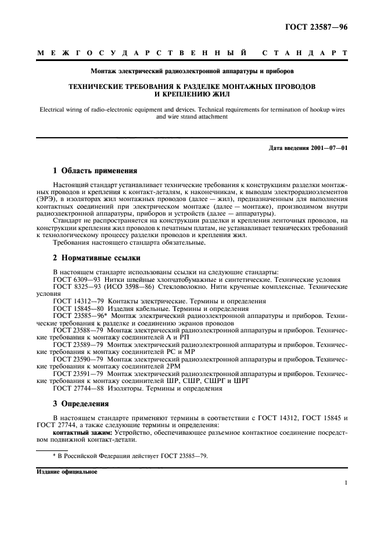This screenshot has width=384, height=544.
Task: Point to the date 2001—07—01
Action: click(330, 148)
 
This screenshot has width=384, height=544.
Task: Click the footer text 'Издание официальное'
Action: click(66, 471)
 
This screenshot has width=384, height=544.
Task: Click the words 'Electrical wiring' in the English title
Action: click(59, 108)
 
